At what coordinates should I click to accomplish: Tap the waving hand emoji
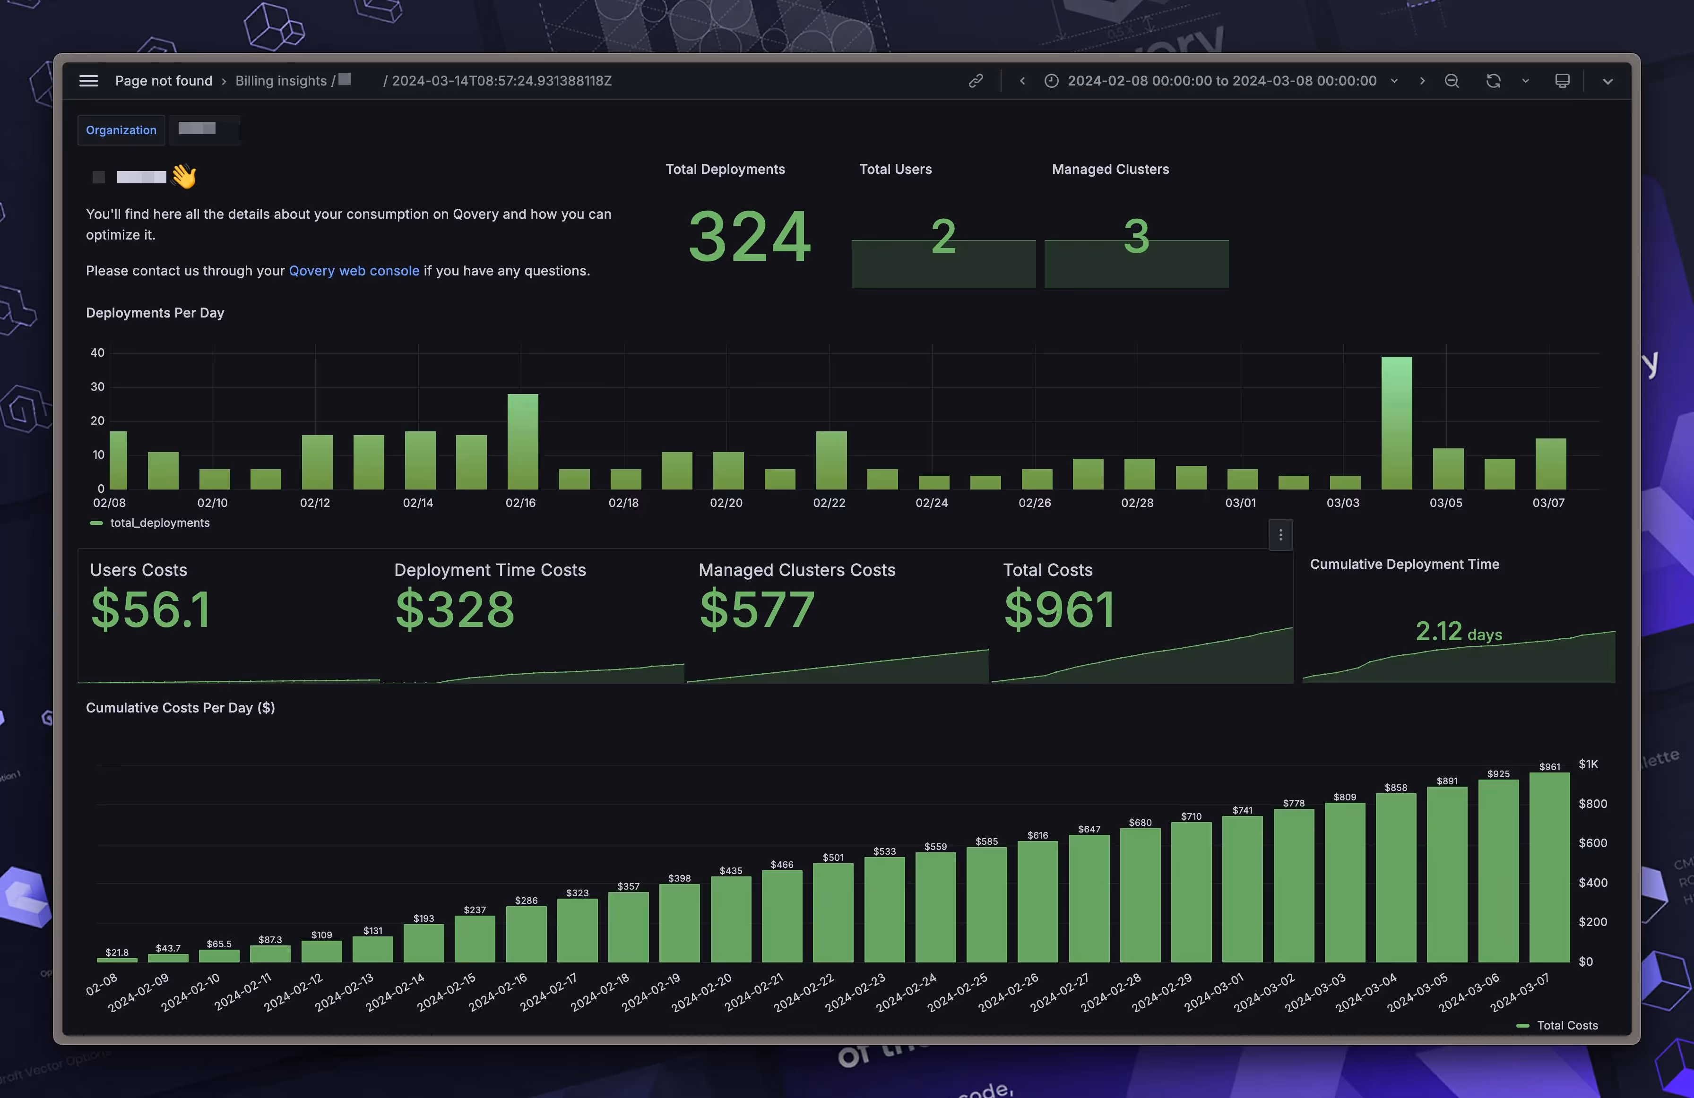coord(184,176)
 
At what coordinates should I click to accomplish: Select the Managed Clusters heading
coord(1110,169)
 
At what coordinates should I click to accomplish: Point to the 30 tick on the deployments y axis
coord(97,387)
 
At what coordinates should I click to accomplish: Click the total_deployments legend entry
coord(159,523)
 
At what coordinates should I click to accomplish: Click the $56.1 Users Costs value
coord(151,610)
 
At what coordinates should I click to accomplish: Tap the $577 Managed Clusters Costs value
coord(757,610)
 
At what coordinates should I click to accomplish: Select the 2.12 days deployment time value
coord(1458,632)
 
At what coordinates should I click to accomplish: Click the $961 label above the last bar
coord(1549,766)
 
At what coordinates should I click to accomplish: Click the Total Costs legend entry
coord(1566,1025)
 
